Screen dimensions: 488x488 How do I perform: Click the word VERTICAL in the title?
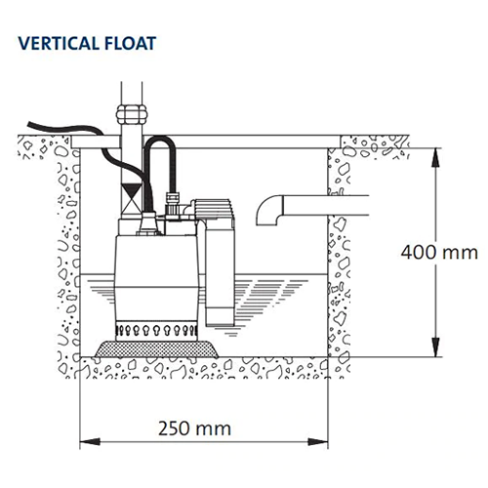coord(59,44)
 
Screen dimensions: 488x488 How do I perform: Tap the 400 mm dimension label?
coord(435,251)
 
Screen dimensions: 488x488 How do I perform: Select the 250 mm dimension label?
coord(191,427)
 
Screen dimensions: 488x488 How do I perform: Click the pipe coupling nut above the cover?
coord(130,106)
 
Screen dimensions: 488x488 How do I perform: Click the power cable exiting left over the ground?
coord(49,128)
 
